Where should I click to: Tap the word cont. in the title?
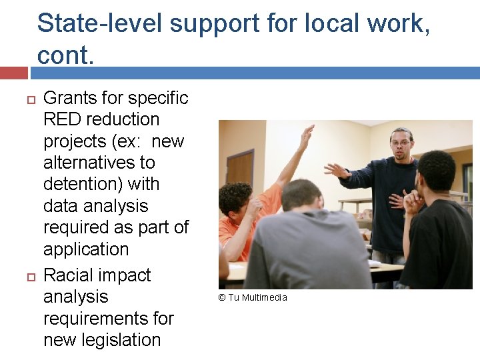pos(66,55)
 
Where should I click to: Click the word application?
pos(86,249)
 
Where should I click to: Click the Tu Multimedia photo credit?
pos(253,297)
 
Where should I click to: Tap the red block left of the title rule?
pos(14,71)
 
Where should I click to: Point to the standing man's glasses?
pos(401,142)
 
